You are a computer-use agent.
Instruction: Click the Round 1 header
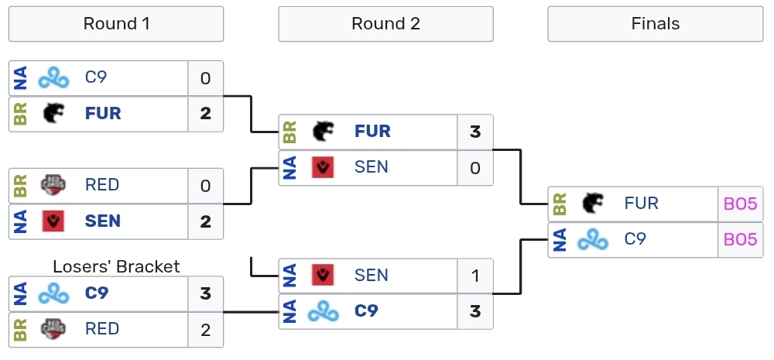[116, 24]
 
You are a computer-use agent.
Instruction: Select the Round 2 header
[385, 24]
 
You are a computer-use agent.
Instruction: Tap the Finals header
[655, 24]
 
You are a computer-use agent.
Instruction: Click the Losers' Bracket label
[116, 266]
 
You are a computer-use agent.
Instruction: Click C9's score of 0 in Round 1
[205, 78]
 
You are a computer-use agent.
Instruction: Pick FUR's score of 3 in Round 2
[475, 132]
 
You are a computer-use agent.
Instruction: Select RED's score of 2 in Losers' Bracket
[205, 329]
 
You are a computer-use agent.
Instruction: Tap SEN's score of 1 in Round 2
[475, 276]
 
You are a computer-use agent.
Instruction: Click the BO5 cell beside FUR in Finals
[740, 204]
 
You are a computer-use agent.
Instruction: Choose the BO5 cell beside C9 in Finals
[740, 240]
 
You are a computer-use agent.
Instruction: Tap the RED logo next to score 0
[53, 186]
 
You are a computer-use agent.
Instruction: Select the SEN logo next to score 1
[323, 276]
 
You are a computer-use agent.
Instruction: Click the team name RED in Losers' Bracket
[102, 329]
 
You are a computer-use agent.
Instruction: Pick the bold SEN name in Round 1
[103, 221]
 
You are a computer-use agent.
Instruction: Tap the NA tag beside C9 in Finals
[560, 240]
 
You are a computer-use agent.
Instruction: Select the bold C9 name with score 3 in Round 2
[366, 311]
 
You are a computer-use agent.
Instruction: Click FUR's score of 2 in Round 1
[205, 114]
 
